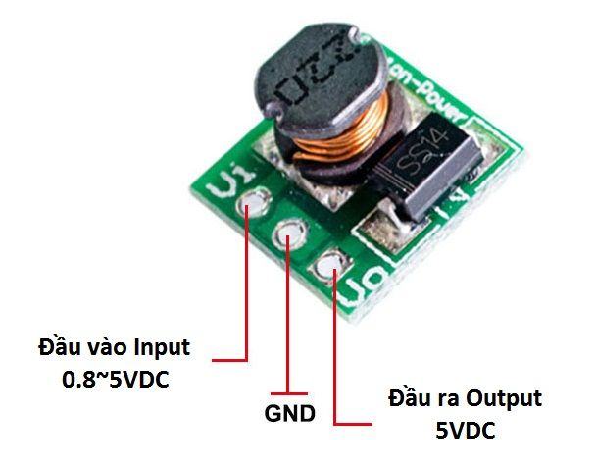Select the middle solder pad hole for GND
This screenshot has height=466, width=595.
point(292,233)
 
